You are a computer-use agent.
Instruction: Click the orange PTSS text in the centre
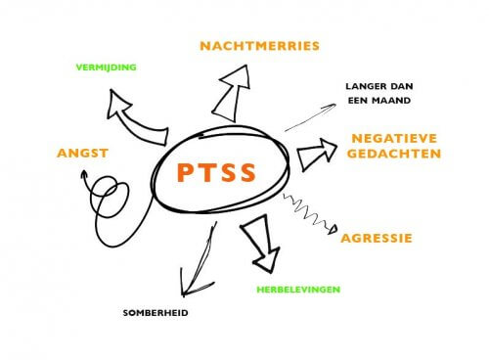pos(218,174)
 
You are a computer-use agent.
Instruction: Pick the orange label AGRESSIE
pos(377,237)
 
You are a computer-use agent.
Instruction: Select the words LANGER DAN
pos(382,86)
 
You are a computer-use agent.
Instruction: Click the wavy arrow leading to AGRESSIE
pos(306,213)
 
